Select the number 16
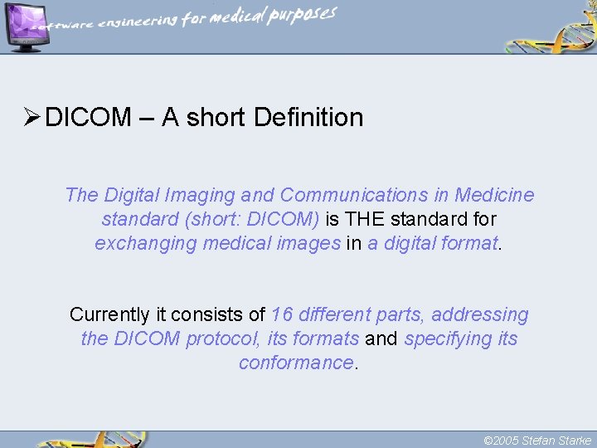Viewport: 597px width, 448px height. point(282,315)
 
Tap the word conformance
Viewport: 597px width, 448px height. point(296,363)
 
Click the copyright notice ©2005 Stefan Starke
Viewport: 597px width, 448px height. point(536,440)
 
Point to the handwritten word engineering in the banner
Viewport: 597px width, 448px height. point(138,22)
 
